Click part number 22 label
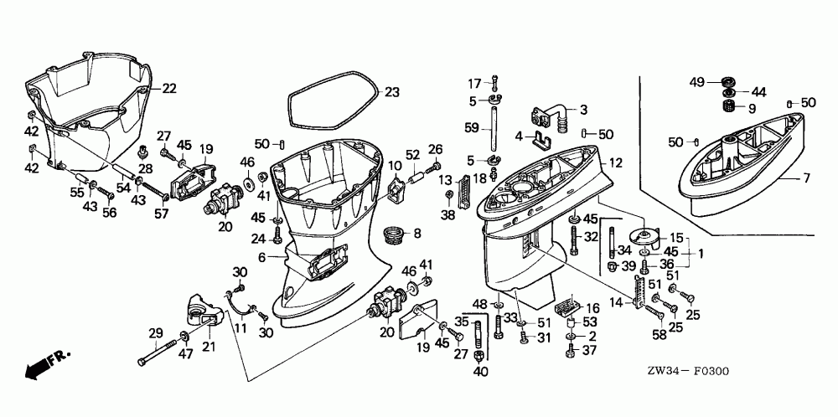169,88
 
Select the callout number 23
392,91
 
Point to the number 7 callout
806,178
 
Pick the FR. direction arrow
46,364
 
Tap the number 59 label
473,128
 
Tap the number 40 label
479,371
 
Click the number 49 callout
696,81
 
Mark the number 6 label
261,258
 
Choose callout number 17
474,82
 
